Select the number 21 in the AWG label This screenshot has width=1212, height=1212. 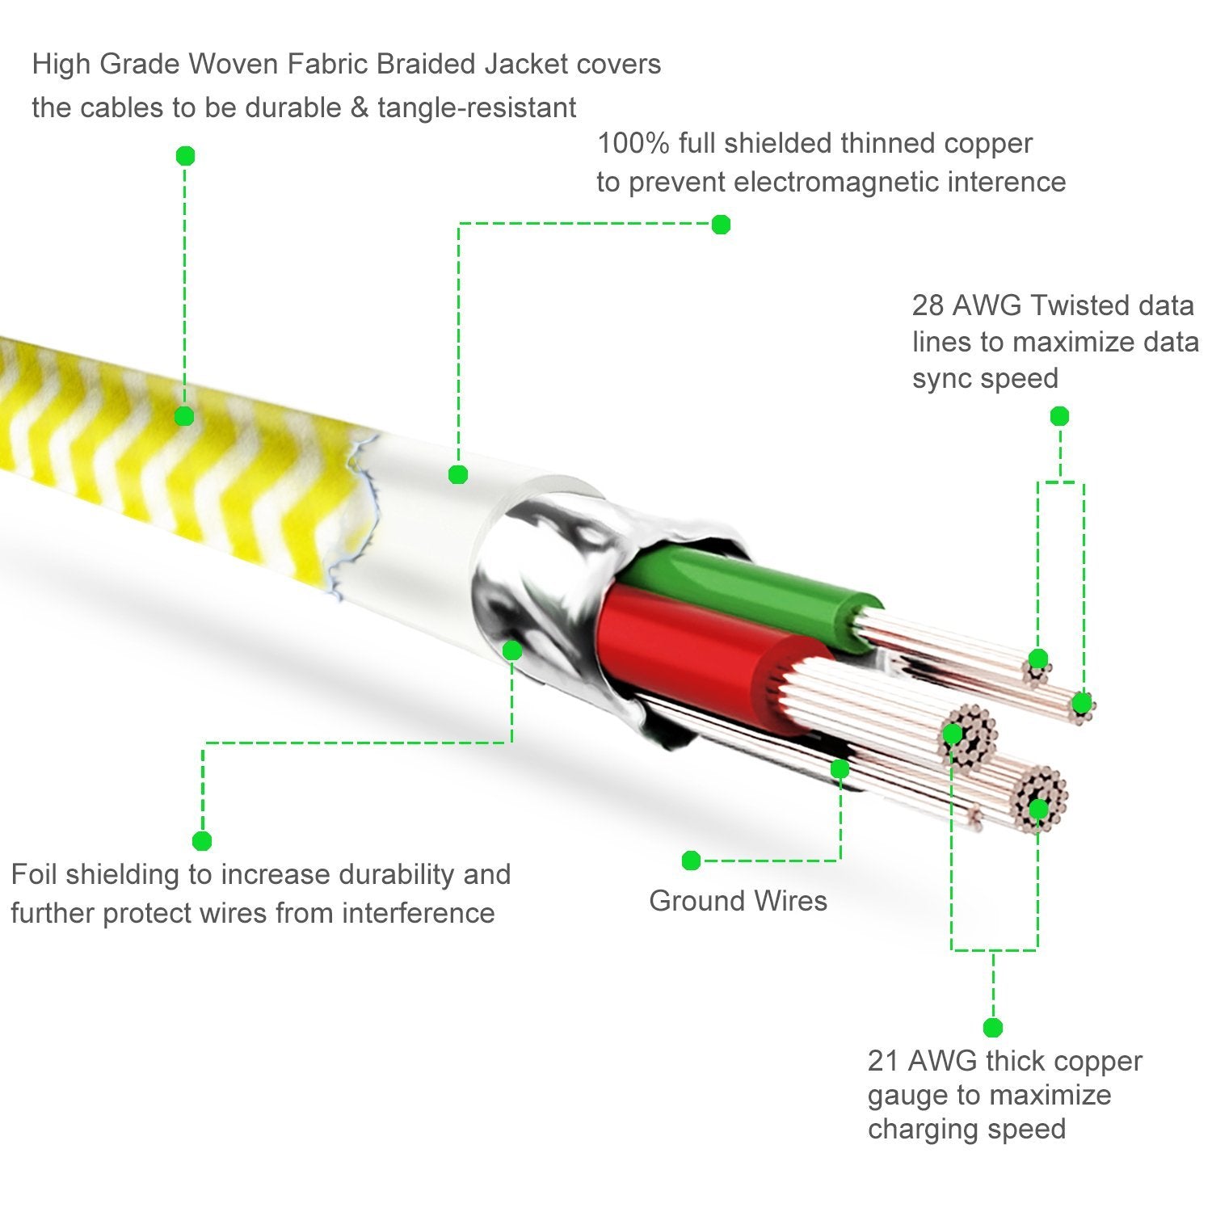pyautogui.click(x=883, y=1060)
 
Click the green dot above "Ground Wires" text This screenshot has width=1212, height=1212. pyautogui.click(x=691, y=861)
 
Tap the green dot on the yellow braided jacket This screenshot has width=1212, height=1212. pyautogui.click(x=184, y=416)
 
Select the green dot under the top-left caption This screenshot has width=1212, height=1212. pyautogui.click(x=185, y=155)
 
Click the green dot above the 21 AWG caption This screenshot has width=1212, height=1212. pyautogui.click(x=993, y=1028)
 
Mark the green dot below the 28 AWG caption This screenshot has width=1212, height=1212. pyautogui.click(x=1059, y=416)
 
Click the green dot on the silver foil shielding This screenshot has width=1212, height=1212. pyautogui.click(x=511, y=650)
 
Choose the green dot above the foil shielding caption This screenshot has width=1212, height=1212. pyautogui.click(x=202, y=840)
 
